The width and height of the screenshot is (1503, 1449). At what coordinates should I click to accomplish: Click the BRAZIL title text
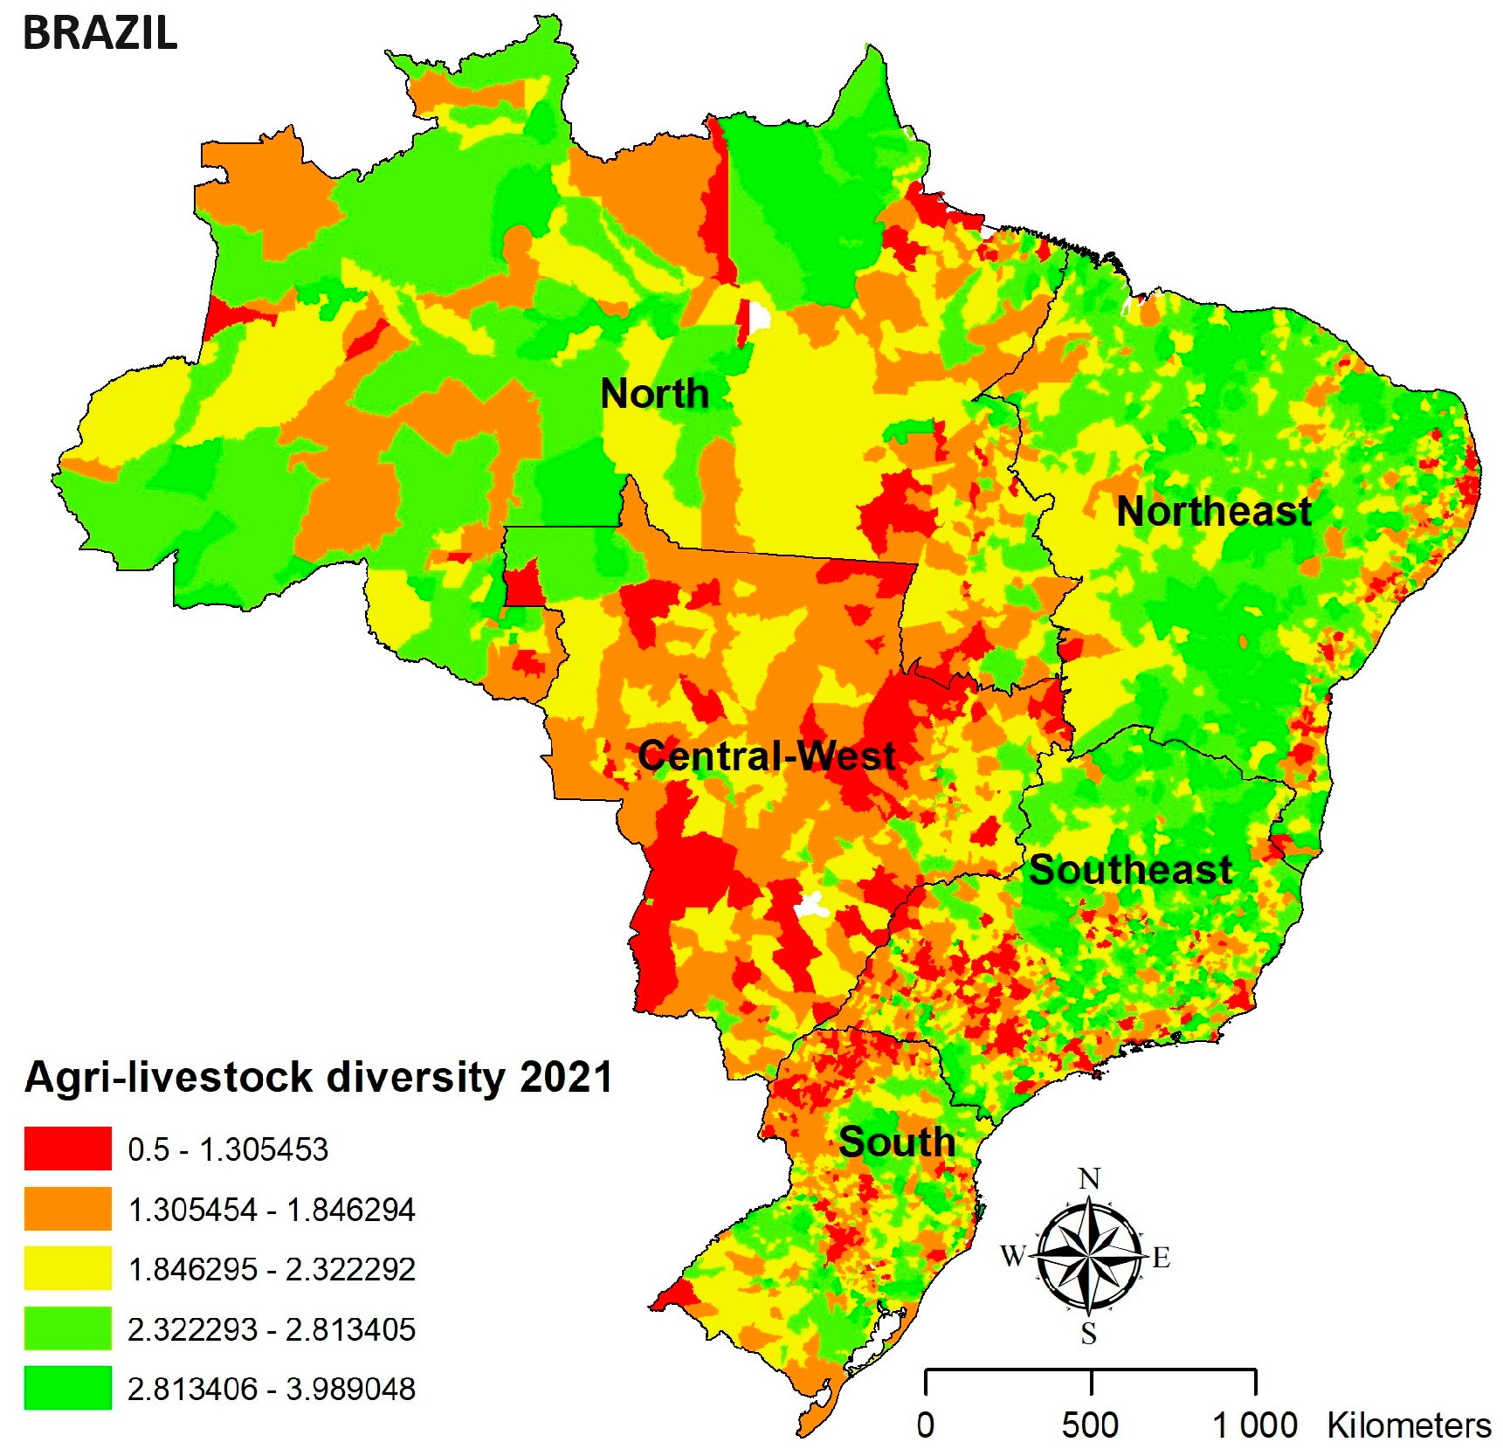pos(100,33)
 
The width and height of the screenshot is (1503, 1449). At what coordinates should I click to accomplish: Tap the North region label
pos(654,394)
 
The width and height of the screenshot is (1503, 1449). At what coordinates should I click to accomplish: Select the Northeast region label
pos(1214,512)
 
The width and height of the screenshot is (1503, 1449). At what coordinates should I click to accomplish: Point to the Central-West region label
pos(766,756)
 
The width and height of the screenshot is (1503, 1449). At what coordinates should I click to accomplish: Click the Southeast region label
pos(1130,870)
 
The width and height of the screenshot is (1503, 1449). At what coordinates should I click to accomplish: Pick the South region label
pos(896,1142)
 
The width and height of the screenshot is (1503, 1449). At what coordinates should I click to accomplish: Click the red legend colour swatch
pos(67,1149)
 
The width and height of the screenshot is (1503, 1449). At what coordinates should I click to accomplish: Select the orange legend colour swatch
pos(67,1209)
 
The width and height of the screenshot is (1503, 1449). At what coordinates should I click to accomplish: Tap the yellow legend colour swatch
pos(67,1268)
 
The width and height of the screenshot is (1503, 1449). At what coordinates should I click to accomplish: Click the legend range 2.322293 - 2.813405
pos(271,1329)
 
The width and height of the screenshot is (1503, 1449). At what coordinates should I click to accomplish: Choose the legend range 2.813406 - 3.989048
pos(271,1389)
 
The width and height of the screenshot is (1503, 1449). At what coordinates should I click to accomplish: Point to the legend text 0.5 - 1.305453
pos(228,1149)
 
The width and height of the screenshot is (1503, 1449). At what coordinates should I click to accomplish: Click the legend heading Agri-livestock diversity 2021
pos(319,1077)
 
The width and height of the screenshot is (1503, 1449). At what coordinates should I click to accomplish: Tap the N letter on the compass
pos(1089,1179)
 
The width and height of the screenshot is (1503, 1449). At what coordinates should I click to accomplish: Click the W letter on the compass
pos(1013,1256)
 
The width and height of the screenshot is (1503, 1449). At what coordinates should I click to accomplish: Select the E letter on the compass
pos(1161,1258)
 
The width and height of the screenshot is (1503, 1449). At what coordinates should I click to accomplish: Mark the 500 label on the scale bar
pos(1090,1426)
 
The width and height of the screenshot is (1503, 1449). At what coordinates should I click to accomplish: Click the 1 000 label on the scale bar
pos(1254,1426)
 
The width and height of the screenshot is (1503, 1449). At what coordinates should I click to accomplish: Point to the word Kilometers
pos(1409,1426)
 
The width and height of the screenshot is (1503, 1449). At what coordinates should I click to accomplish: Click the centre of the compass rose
pos(1088,1257)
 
